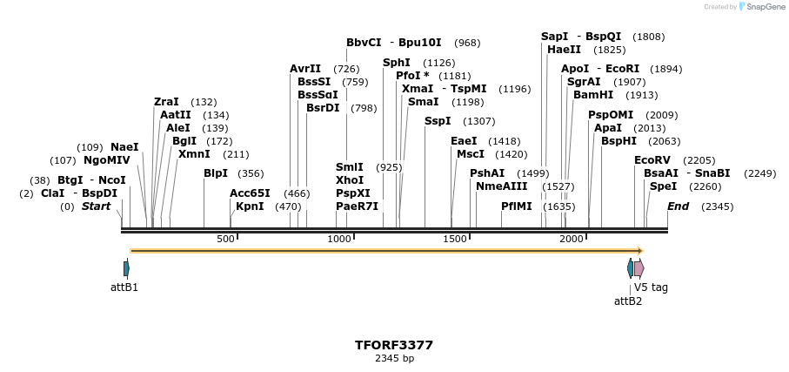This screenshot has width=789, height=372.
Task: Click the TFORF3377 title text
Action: coord(393,345)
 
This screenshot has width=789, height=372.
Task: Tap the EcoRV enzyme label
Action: coord(652,160)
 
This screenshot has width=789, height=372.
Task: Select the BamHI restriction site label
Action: coord(592,95)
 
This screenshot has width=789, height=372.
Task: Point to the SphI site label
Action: coord(396,63)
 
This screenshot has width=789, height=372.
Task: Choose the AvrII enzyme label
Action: coord(305,69)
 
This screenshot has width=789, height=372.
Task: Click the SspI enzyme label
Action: coord(438,121)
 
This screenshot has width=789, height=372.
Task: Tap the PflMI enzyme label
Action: coord(516,206)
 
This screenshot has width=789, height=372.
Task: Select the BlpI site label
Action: coord(216,173)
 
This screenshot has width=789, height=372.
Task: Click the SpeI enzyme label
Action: coord(663,186)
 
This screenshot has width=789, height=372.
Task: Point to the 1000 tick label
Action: coord(338,239)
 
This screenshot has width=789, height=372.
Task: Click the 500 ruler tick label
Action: coord(225,239)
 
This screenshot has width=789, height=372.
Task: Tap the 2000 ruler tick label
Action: coord(572,239)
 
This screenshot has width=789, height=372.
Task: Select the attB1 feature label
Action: coord(124,287)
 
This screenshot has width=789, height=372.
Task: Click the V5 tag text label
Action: coord(651,287)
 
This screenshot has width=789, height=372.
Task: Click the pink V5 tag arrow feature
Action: coord(639,268)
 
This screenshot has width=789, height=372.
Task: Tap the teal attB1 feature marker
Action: coord(126,268)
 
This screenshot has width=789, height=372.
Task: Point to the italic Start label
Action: coord(96,206)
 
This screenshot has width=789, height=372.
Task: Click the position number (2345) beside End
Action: coord(717,206)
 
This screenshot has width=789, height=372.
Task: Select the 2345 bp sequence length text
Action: coord(393,358)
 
